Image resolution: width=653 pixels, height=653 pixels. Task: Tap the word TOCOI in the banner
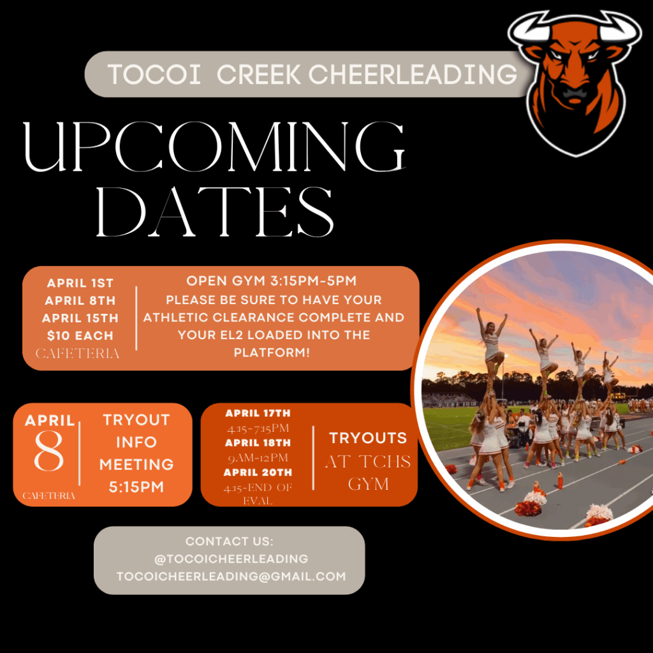(154, 75)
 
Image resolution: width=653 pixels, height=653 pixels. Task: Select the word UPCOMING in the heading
(214, 147)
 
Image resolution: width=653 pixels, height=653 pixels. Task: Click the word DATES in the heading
(215, 212)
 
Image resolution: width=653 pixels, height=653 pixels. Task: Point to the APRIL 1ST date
(80, 283)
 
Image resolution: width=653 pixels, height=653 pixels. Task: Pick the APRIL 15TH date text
(80, 318)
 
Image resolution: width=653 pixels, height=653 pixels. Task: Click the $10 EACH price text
(80, 335)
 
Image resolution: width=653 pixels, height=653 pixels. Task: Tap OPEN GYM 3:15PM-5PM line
(272, 281)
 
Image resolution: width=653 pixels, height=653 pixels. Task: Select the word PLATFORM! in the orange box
(272, 353)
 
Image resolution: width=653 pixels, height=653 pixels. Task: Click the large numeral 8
(48, 451)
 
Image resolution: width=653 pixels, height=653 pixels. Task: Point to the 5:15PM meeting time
(136, 487)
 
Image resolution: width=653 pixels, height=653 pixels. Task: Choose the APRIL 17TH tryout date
(258, 413)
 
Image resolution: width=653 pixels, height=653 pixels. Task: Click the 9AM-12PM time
(258, 458)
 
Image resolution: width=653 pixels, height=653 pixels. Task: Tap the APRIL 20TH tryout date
(258, 473)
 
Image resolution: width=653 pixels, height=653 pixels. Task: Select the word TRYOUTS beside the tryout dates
(368, 438)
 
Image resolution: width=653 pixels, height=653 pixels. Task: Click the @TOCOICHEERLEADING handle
(231, 559)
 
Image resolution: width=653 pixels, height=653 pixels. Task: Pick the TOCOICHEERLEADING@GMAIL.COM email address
(231, 576)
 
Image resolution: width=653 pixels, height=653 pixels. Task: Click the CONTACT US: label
(230, 541)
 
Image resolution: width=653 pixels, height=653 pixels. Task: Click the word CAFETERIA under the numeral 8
(48, 495)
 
